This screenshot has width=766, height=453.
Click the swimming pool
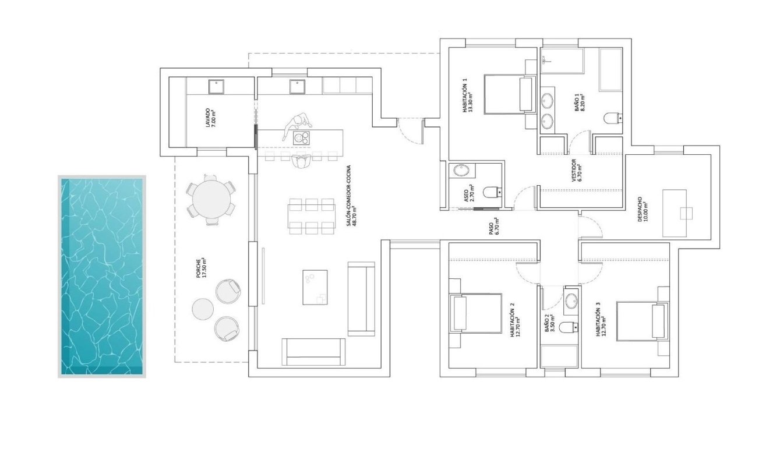pos(102,277)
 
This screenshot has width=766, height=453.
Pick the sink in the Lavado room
pos(217,86)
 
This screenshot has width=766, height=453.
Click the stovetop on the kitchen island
pos(301,138)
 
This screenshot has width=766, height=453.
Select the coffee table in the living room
pos(316,287)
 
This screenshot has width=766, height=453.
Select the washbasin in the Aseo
pos(461,171)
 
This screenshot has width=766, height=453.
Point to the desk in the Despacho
pos(675,213)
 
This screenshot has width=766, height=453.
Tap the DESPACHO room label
pos(643,213)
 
